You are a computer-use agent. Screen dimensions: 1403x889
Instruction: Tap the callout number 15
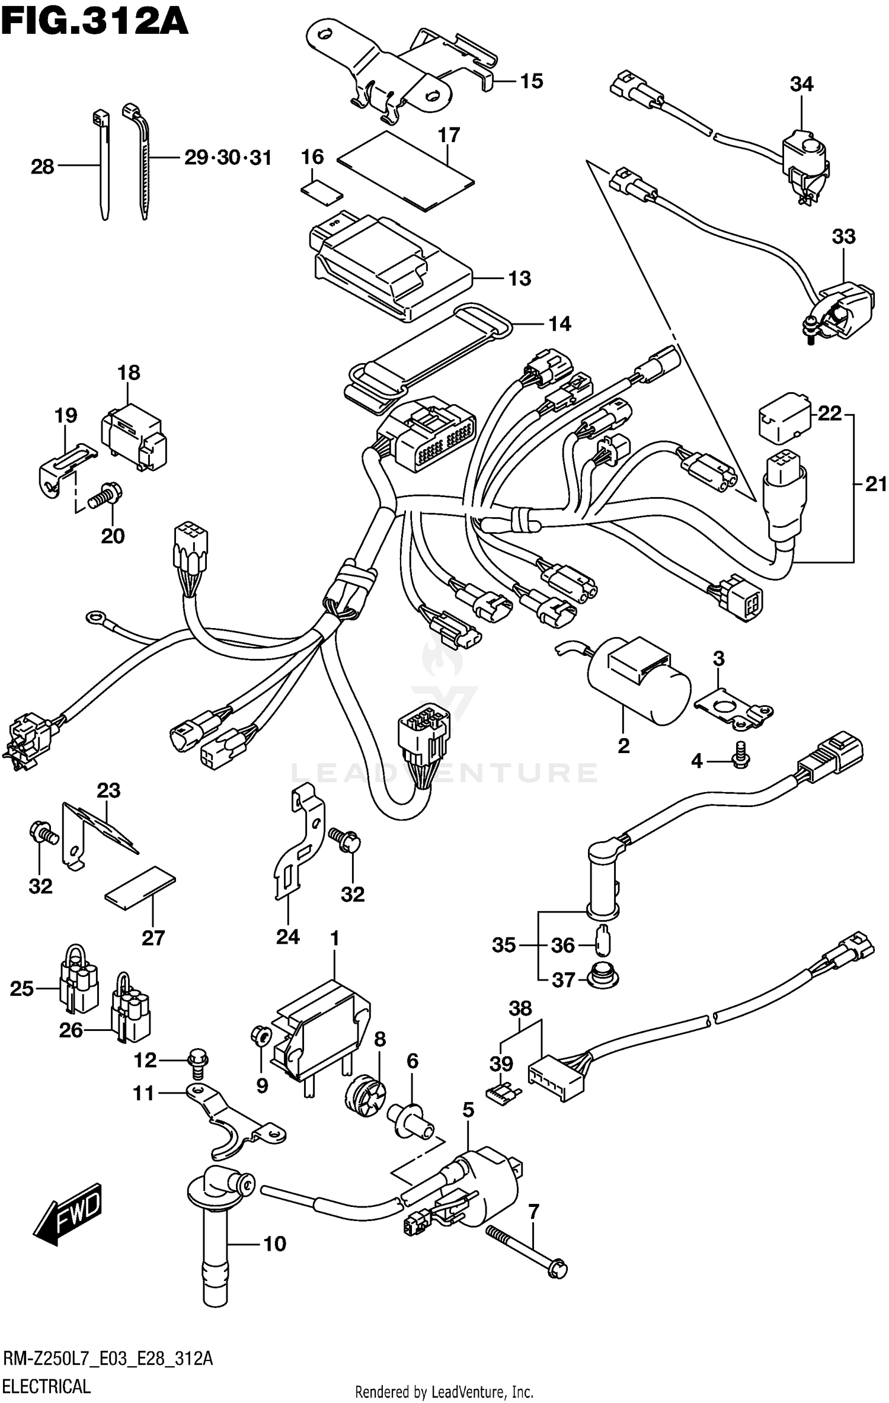[x=531, y=81]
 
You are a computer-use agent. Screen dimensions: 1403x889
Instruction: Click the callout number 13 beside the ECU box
[x=519, y=278]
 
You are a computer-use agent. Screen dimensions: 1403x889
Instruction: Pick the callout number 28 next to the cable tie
[x=42, y=167]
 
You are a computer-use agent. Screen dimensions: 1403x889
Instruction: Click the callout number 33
[x=843, y=237]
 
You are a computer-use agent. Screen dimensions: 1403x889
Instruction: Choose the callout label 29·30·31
[x=228, y=158]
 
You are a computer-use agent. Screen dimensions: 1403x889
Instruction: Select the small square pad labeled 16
[x=322, y=192]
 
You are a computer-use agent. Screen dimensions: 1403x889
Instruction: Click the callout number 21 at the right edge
[x=876, y=485]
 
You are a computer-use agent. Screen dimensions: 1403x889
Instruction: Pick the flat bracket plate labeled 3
[x=734, y=708]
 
